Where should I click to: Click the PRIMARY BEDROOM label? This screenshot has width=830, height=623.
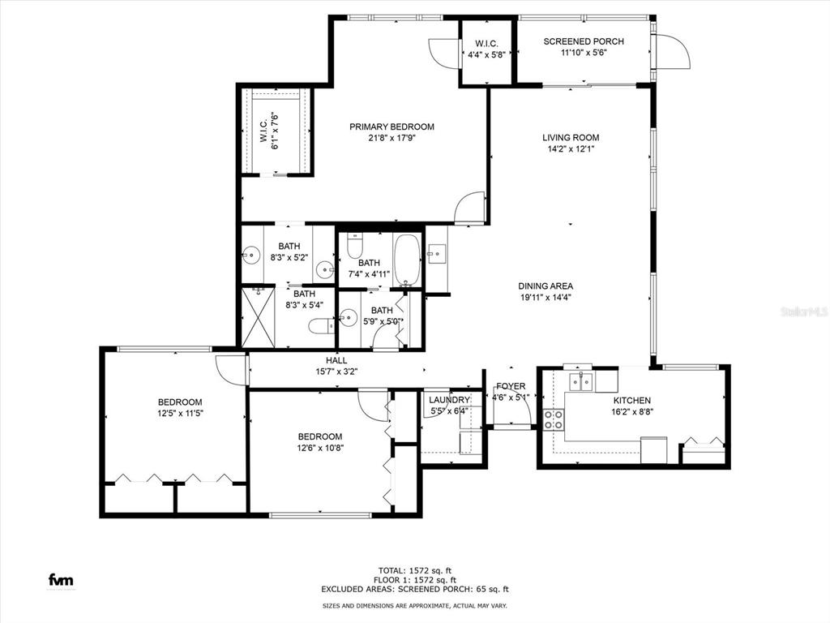[391, 127]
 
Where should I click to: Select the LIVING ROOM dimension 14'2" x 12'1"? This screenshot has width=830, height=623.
[571, 148]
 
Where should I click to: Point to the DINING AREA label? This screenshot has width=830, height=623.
[545, 286]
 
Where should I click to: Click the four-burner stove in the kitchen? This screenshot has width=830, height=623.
[554, 419]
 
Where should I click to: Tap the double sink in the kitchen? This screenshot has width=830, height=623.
[580, 381]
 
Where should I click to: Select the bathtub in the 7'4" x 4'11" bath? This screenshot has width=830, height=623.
[408, 260]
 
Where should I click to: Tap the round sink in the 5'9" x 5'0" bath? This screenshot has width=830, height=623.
[349, 317]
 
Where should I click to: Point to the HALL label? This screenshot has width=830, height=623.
[336, 360]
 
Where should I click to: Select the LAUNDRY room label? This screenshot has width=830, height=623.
[449, 400]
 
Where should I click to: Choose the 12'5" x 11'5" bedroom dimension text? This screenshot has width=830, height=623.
[179, 414]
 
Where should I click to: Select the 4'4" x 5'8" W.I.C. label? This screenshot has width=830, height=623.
[487, 55]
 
